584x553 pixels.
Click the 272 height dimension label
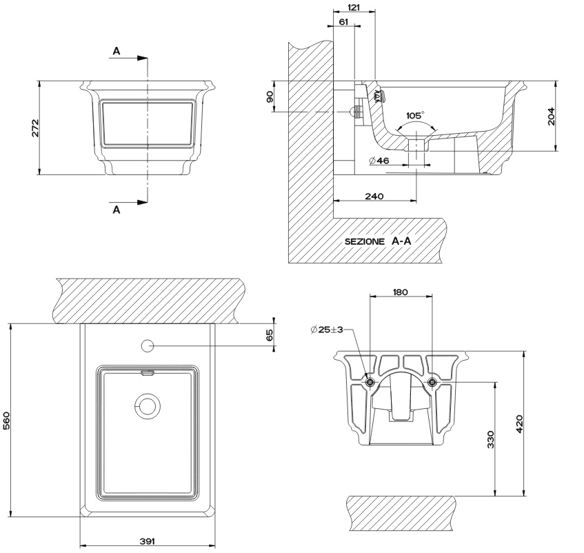pos(35,128)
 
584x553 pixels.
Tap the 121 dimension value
pos(354,7)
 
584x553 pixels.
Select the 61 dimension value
pos(343,21)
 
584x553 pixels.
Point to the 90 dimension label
pos(270,97)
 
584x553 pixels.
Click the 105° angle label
pos(414,115)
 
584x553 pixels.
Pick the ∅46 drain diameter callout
pos(379,161)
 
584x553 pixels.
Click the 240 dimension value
pos(374,197)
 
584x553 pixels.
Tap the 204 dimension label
pos(551,117)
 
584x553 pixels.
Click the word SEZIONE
pos(364,241)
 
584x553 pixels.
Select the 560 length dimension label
pos(7,421)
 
